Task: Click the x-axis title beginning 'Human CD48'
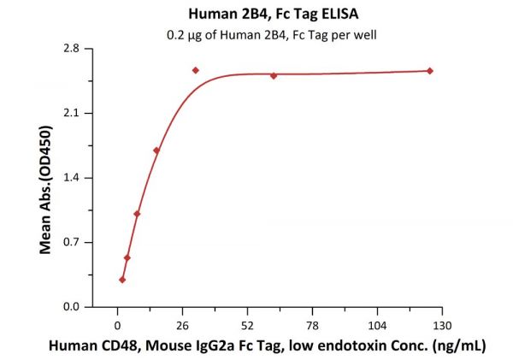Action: (x=268, y=345)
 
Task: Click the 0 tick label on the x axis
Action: (x=118, y=326)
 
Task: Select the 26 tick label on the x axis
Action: (x=183, y=326)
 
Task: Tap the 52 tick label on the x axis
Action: (x=247, y=326)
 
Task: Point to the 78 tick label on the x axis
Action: (x=312, y=326)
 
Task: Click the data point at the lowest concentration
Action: (x=122, y=280)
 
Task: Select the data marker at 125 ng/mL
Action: (x=429, y=71)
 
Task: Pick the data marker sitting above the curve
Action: (x=196, y=70)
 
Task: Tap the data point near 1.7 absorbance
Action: (x=156, y=150)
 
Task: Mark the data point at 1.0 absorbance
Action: (x=137, y=214)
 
